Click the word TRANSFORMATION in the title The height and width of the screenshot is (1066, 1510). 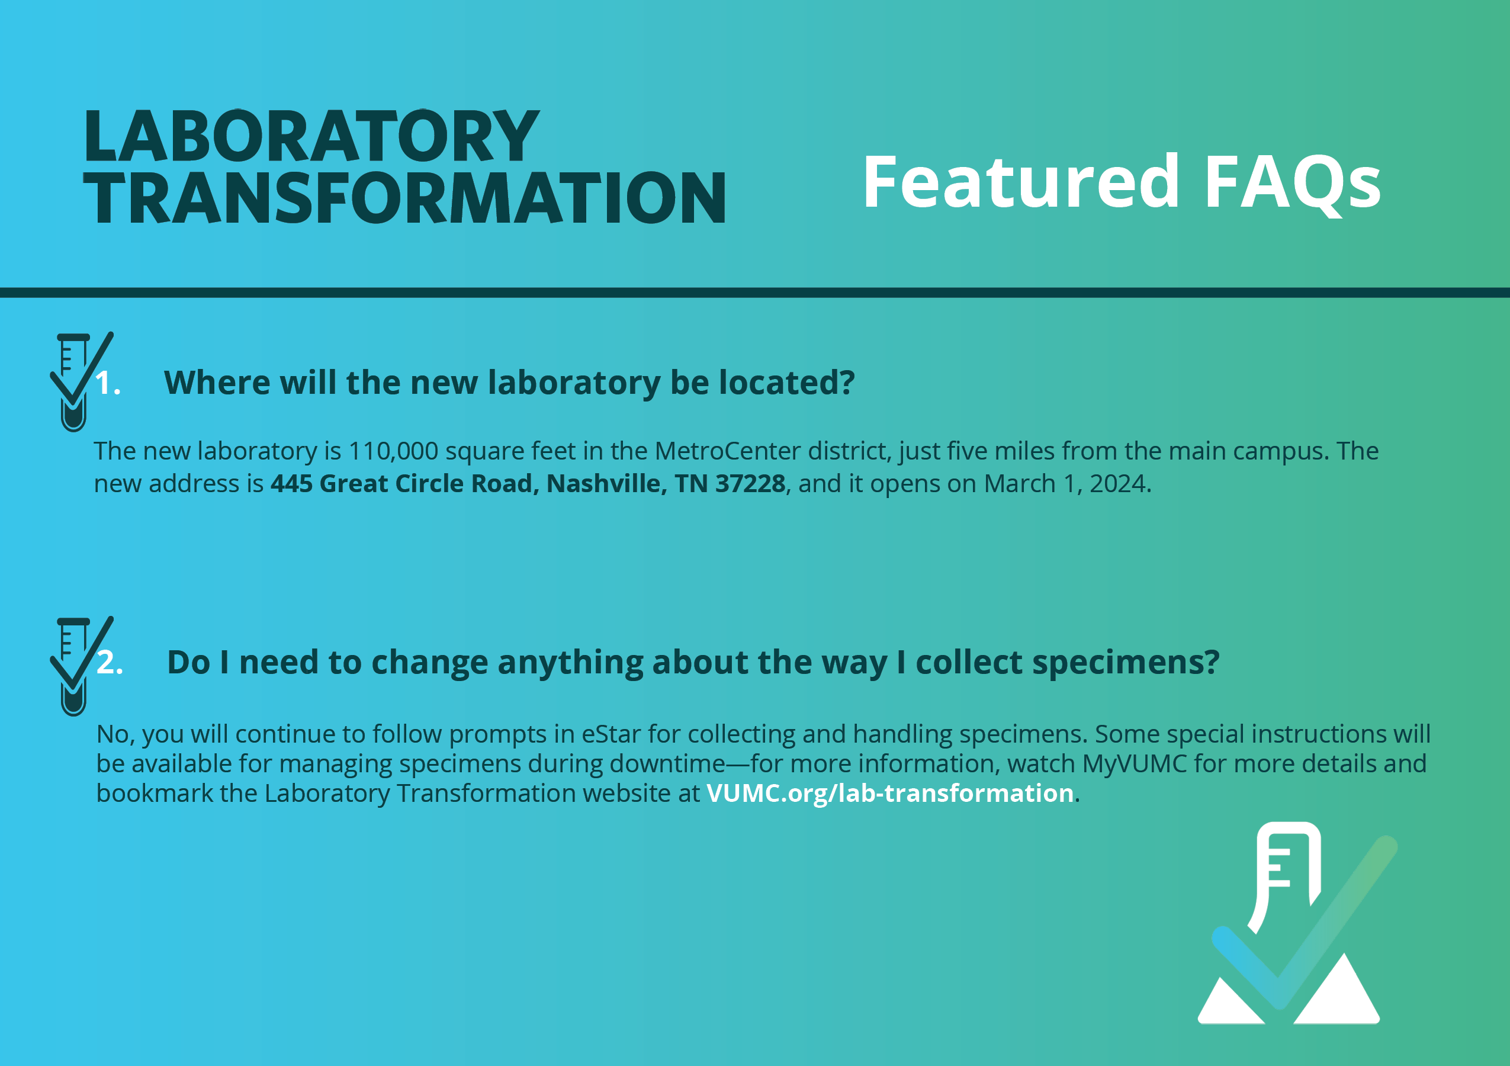click(404, 197)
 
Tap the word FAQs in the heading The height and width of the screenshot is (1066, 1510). click(1292, 182)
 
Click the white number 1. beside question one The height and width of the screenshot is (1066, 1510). click(108, 383)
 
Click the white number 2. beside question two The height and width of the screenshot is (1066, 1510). click(110, 662)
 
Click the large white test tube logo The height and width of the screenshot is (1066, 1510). click(1292, 923)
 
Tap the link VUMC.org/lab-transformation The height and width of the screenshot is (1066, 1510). click(890, 793)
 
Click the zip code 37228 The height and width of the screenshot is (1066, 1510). click(750, 483)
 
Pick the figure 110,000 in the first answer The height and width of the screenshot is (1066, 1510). click(393, 452)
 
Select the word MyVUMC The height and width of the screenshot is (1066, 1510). click(1135, 764)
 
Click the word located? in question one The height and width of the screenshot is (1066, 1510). click(786, 383)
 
